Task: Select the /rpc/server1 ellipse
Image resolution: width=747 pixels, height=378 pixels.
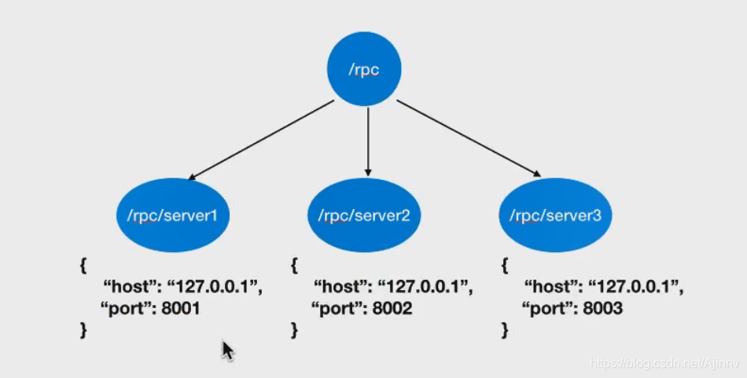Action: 172,215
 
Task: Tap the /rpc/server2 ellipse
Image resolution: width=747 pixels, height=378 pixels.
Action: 364,215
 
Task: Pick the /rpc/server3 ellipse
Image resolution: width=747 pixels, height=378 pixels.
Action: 555,215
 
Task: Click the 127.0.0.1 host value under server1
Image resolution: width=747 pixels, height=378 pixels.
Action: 214,288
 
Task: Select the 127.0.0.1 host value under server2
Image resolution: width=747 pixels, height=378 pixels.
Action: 425,288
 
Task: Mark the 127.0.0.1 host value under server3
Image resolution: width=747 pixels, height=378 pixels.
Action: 636,288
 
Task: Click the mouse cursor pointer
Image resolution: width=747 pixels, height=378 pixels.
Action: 227,349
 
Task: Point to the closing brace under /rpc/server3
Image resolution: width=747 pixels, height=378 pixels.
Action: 505,330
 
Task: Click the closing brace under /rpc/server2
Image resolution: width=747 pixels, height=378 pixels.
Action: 294,330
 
